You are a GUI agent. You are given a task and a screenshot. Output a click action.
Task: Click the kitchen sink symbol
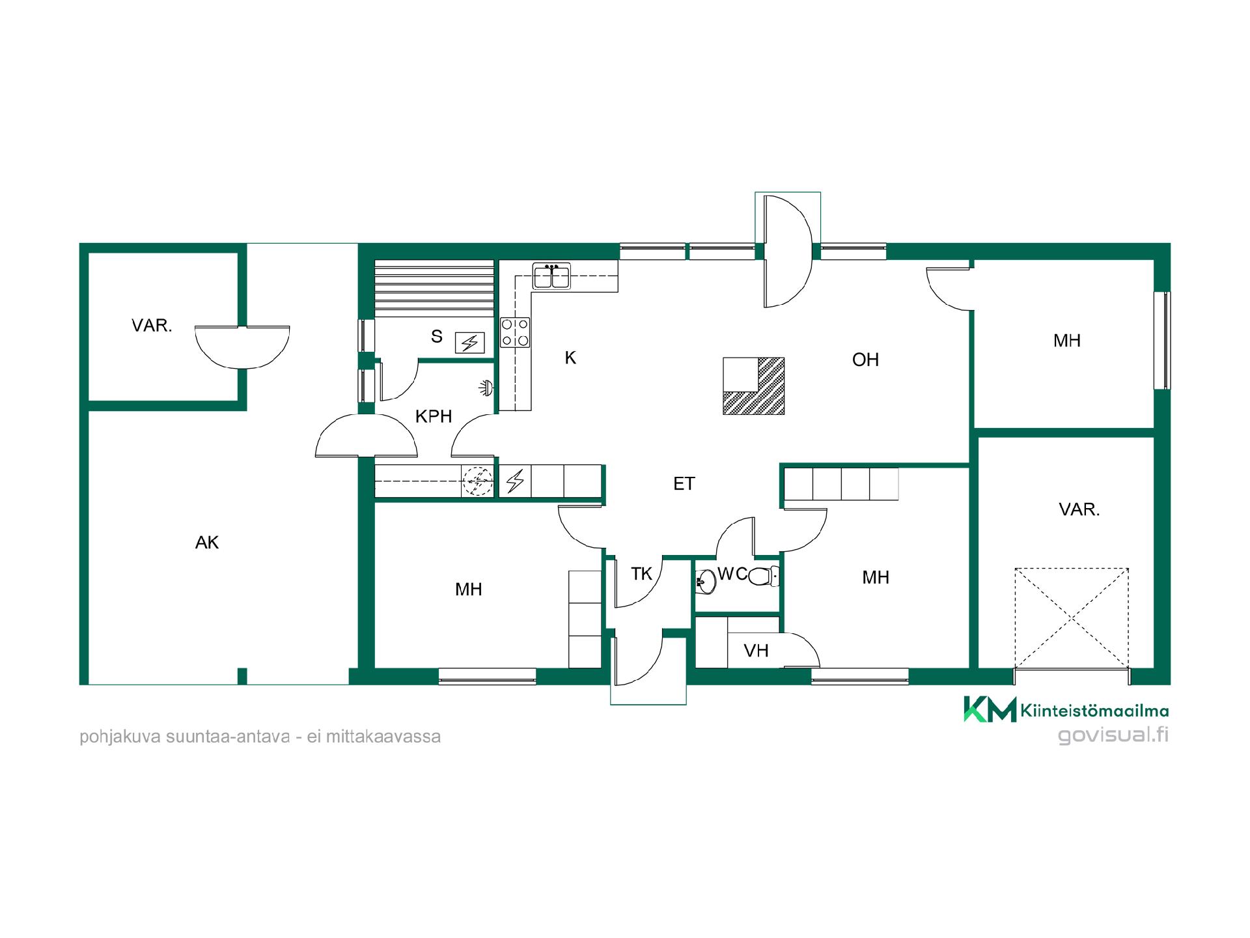point(551,276)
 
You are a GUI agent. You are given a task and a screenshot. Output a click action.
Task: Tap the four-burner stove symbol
point(515,332)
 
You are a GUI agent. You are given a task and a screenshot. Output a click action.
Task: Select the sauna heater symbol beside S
point(469,343)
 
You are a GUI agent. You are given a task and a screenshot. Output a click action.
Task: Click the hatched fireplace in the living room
point(754,386)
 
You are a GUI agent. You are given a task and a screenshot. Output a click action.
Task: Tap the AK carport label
point(207,543)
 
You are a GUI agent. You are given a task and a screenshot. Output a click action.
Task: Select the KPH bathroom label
point(434,416)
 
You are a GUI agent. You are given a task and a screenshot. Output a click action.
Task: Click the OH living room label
point(865,360)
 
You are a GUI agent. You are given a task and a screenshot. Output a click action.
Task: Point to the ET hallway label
point(684,483)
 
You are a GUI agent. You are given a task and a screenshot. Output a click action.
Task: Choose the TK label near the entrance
point(641,574)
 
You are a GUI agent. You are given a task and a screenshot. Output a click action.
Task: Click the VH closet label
point(756,651)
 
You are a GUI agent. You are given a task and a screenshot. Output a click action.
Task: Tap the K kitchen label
point(570,358)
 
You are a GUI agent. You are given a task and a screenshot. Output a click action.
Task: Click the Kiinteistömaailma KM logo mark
point(990,709)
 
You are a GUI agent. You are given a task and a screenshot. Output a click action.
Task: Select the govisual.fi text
point(1113,735)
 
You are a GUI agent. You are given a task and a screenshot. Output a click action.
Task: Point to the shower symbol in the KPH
point(485,388)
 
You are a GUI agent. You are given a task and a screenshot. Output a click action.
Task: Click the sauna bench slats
point(434,288)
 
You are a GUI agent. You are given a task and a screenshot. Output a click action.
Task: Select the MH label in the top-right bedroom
point(1067,340)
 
